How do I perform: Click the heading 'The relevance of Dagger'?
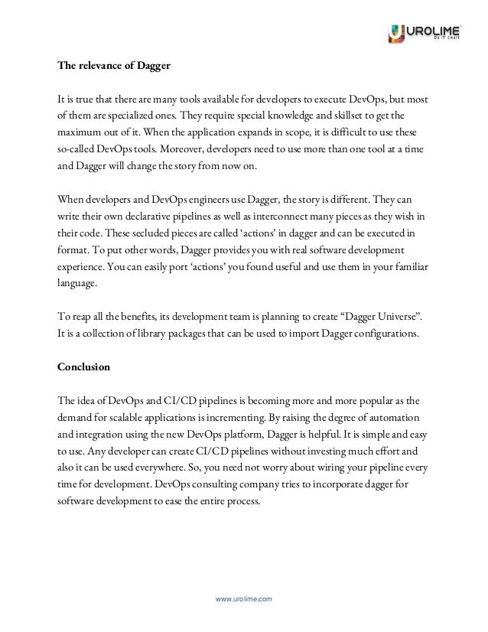tap(114, 65)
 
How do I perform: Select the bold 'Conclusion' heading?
tap(84, 366)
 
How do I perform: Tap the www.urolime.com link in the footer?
tap(244, 600)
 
